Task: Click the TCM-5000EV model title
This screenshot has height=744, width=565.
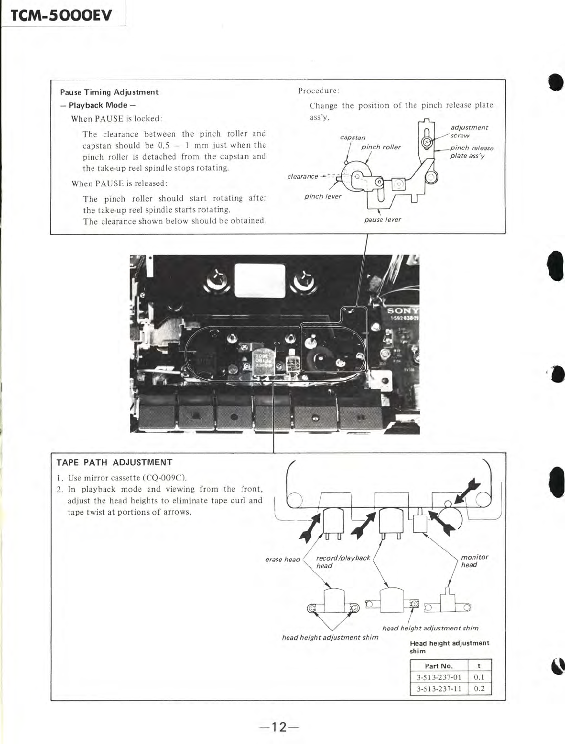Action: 61,16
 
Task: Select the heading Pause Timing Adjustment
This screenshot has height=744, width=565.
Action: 109,92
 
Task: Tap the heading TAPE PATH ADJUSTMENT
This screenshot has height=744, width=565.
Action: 114,462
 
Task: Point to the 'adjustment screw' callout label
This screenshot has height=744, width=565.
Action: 468,131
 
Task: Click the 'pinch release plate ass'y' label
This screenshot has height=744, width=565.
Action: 471,152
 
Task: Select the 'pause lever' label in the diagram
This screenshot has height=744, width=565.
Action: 382,220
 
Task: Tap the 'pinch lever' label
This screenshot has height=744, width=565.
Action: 323,196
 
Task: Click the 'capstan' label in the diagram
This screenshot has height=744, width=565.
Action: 353,138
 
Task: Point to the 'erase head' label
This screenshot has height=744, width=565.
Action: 282,559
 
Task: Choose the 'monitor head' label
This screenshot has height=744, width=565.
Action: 474,561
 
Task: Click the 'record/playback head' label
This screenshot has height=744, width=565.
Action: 343,562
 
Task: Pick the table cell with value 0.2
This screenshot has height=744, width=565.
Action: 479,689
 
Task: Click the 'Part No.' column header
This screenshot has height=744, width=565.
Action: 438,666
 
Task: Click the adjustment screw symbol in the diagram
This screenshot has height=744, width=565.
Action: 427,142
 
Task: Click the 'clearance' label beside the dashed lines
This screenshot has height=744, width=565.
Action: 303,176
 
